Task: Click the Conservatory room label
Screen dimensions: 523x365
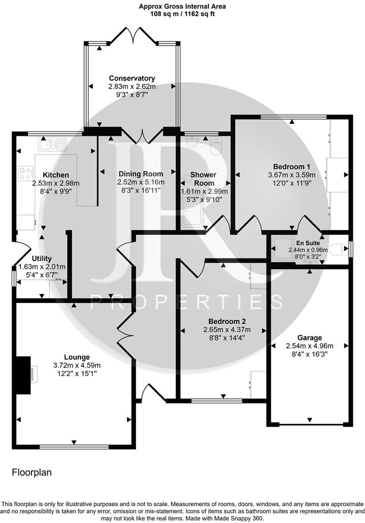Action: (132, 78)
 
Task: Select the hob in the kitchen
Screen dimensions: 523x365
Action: (24, 174)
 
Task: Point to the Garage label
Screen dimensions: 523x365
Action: (309, 338)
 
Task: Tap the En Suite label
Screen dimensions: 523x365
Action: (305, 242)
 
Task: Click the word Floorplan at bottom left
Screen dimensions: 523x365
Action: (31, 472)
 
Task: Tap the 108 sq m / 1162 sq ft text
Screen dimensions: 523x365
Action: (182, 14)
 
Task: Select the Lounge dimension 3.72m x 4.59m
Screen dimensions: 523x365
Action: (77, 365)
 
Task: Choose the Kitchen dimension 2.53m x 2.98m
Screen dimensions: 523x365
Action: (56, 183)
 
